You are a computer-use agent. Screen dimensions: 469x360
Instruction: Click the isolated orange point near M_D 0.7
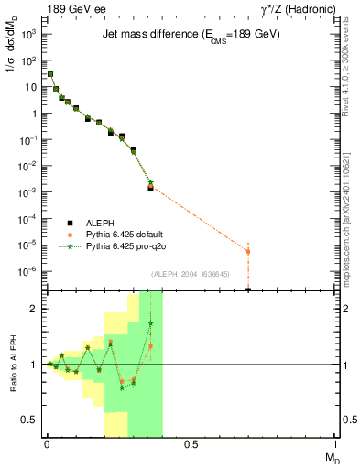(x=248, y=251)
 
